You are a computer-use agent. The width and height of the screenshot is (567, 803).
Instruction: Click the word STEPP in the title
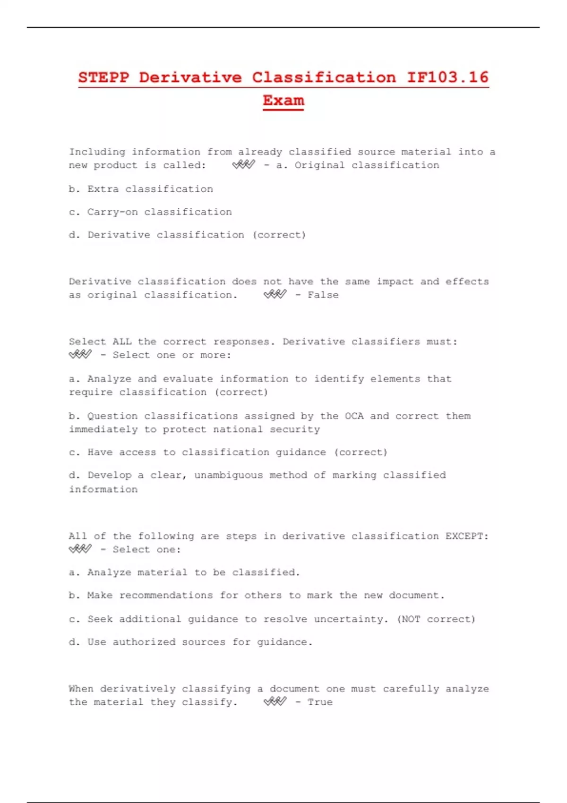coord(103,77)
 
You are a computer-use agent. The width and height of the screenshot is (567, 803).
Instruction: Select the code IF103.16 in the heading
coord(447,77)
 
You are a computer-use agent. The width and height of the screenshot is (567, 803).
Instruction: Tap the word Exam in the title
coord(283,101)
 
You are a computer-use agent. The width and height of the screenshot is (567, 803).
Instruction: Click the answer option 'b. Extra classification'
coord(141,189)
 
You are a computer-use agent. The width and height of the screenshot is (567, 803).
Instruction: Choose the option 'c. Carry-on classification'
coord(150,212)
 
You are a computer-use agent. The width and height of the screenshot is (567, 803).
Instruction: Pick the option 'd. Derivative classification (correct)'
coord(188,235)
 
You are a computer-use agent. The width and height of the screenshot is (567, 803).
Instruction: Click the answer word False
coord(323,295)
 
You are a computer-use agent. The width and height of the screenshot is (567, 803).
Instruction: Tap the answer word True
coord(320,702)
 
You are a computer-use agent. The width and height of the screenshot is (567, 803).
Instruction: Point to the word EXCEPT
coord(467,536)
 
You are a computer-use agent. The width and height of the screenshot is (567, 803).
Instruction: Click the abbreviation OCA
coord(354,416)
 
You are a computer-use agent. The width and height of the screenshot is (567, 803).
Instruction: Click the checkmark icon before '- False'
coord(275,295)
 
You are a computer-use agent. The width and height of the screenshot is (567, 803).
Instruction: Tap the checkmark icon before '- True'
coord(275,702)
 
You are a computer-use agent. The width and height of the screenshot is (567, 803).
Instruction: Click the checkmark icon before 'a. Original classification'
coord(244,165)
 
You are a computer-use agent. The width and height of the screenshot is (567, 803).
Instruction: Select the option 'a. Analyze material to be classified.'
coord(184,572)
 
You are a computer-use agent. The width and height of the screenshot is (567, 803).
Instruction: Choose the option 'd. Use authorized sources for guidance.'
coord(190,642)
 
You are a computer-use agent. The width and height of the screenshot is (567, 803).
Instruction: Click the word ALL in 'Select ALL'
coord(122,342)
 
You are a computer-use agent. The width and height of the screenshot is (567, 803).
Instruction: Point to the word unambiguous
coord(229,475)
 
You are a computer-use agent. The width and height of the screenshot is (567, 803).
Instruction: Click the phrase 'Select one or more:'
coord(172,355)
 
